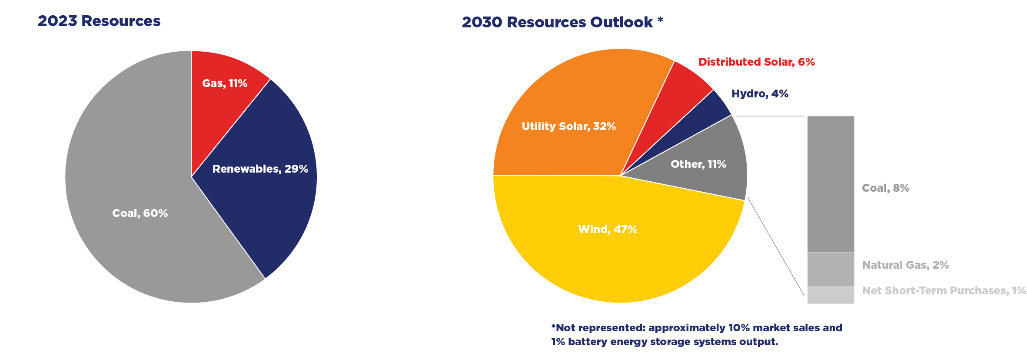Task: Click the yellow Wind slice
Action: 608,252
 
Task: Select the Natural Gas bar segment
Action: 831,270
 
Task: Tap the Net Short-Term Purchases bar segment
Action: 831,295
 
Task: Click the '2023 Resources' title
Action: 99,21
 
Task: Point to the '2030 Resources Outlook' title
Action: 557,22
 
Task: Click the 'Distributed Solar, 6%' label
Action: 756,62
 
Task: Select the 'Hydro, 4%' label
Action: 760,93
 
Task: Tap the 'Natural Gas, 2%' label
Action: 905,265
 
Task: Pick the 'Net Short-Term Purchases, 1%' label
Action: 944,290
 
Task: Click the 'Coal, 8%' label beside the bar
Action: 885,188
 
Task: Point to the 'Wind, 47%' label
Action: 607,229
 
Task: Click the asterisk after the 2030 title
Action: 660,20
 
